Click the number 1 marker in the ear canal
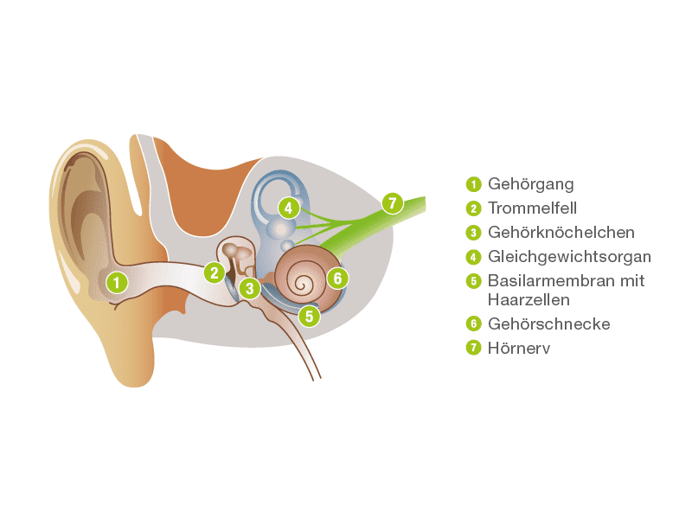pos(117,281)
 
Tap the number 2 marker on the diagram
pos(214,272)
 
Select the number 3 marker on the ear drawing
pos(250,288)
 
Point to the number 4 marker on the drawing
pos(288,208)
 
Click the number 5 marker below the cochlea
pos(309,316)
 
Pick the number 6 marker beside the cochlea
pos(337,278)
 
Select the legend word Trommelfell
pos(532,208)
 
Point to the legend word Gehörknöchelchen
pos(561,233)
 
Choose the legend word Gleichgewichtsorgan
pos(569,257)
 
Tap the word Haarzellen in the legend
pos(528,299)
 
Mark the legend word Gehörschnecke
pos(549,324)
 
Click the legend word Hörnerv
pos(519,349)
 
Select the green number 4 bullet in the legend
pos(473,257)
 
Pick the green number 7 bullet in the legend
pos(473,349)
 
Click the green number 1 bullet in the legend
pos(473,184)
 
